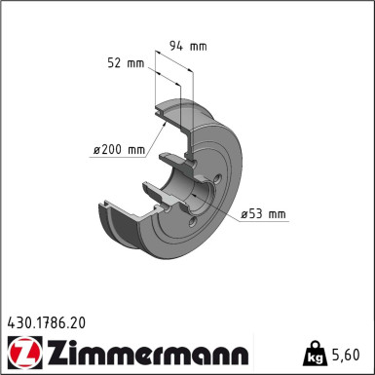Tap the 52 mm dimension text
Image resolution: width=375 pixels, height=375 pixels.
click(x=128, y=64)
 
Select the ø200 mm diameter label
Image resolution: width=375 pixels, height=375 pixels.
click(x=118, y=149)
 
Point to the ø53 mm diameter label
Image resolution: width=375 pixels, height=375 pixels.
click(x=262, y=212)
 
